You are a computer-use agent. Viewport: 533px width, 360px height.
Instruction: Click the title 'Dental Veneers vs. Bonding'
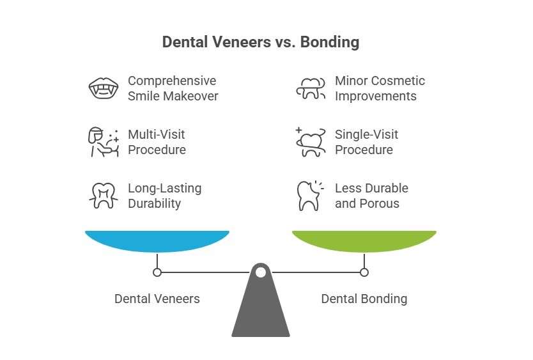point(261,42)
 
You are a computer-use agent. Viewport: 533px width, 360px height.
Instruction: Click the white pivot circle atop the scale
point(261,272)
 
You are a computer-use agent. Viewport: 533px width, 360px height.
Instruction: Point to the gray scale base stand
point(261,313)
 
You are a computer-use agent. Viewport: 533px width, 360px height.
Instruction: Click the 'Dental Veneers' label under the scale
point(157,299)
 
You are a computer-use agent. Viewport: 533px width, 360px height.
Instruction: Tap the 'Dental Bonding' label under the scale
point(364,299)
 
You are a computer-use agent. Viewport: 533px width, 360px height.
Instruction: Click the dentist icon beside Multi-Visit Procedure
point(102,142)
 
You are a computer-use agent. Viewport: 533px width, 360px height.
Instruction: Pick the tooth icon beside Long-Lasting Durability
point(102,196)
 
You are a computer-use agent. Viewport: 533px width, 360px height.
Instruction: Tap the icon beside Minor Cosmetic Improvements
point(311,88)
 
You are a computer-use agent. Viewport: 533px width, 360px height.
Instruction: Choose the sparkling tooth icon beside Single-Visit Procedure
point(311,142)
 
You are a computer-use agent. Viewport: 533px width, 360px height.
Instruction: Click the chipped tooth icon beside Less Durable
point(310,196)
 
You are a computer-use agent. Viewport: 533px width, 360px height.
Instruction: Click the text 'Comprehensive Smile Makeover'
point(173,88)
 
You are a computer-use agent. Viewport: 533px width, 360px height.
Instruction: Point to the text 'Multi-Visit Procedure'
point(157,142)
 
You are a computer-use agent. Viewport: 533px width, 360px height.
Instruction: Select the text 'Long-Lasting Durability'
point(165,196)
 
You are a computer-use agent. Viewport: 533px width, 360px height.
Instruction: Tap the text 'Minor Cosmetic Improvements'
point(380,88)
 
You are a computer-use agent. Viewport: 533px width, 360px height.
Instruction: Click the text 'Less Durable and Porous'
point(371,196)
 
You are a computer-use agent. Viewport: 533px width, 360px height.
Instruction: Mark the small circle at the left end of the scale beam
point(157,272)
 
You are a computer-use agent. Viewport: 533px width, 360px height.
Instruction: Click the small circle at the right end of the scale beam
point(364,272)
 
